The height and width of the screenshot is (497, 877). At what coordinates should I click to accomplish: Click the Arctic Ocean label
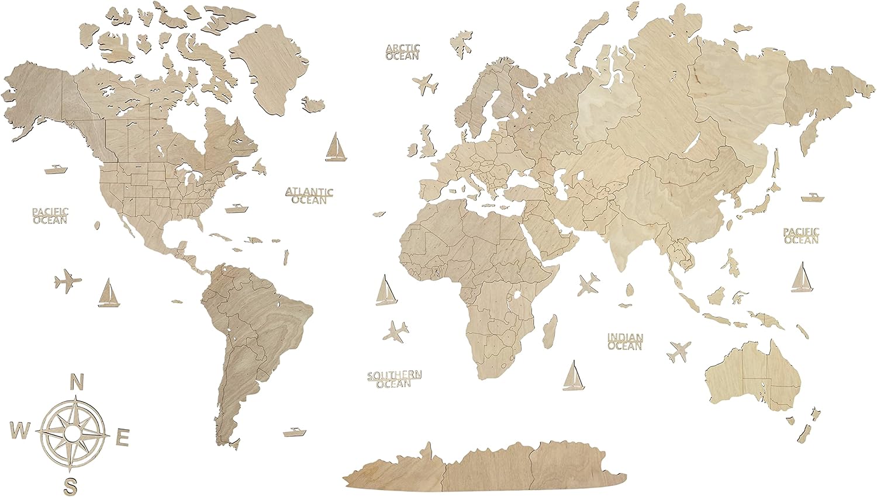[x=402, y=52]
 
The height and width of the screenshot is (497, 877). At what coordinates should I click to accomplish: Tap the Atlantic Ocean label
[x=309, y=196]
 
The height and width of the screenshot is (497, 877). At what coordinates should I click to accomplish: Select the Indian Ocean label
[x=625, y=341]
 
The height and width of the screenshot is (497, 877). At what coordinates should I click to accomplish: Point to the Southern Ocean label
[x=395, y=379]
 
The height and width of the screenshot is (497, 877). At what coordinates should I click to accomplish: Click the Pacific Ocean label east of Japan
[x=801, y=236]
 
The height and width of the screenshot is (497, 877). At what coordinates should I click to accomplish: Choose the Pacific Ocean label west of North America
[x=50, y=216]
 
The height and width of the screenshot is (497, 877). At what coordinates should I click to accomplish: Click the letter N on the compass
[x=75, y=382]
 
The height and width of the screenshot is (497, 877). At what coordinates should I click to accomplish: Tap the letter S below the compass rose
[x=71, y=485]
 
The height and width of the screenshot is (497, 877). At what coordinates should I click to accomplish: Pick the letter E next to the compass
[x=123, y=437]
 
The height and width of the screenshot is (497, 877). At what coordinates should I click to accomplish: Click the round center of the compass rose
[x=73, y=433]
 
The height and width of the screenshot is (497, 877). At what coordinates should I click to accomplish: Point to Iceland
[x=314, y=105]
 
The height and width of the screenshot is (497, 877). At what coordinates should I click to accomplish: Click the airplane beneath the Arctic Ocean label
[x=426, y=84]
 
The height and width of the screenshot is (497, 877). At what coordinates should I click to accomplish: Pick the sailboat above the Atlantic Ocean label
[x=335, y=147]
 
